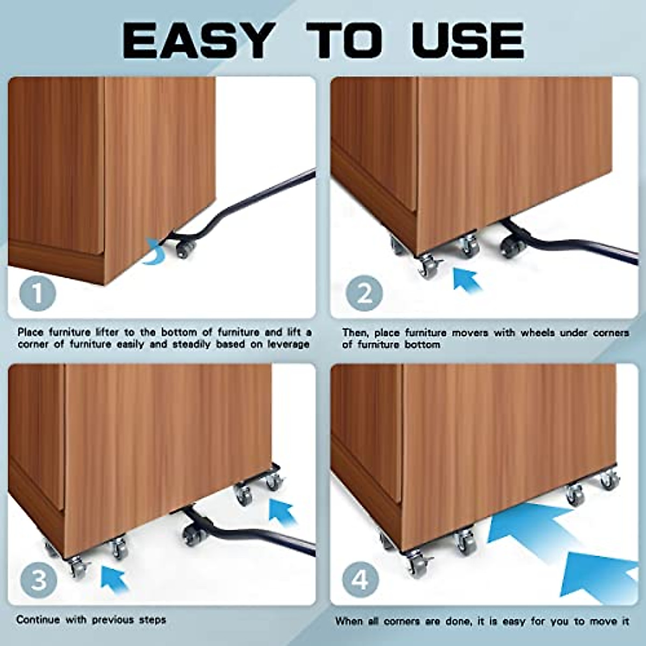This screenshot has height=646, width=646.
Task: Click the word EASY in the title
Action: tap(197, 41)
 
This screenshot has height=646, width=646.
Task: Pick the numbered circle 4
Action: tap(361, 580)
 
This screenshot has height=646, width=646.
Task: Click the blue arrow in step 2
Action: tap(467, 280)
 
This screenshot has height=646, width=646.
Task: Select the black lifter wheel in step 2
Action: tap(510, 248)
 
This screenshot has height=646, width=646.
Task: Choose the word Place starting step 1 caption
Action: tap(31, 333)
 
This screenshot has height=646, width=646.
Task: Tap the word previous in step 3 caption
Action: tap(113, 620)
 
